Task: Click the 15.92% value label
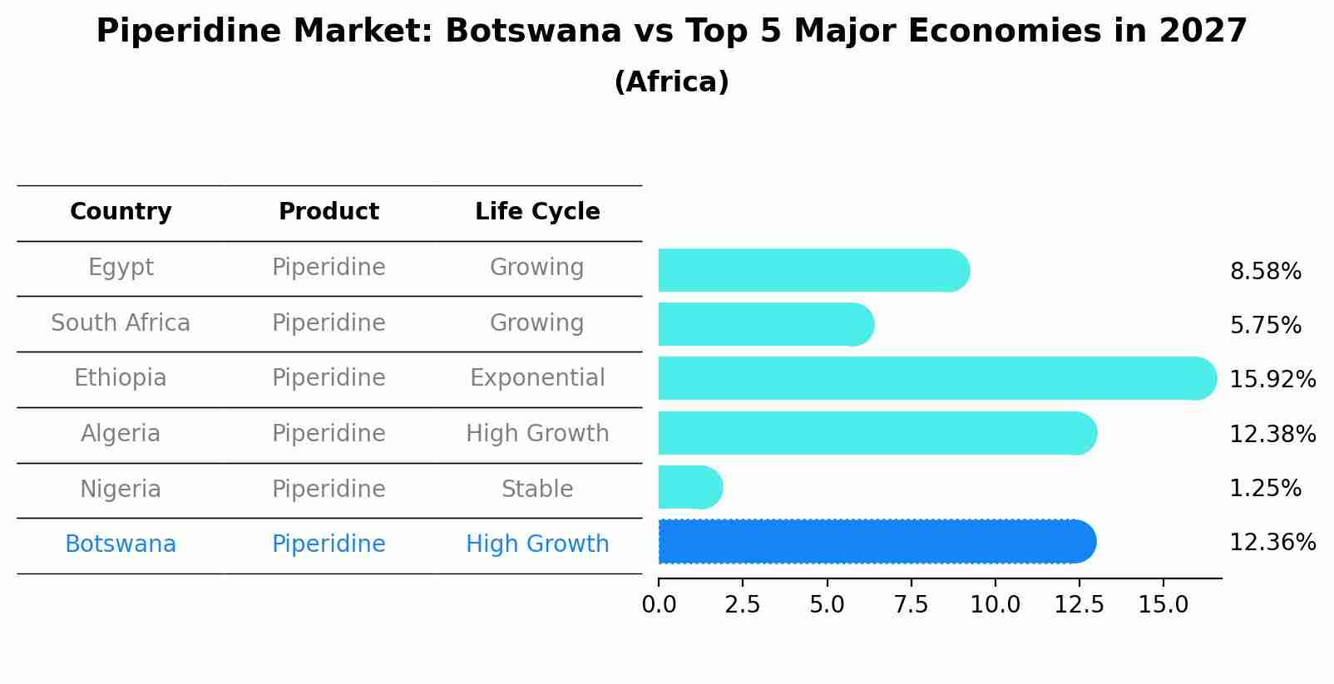[x=1272, y=380]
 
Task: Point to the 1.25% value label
[x=1265, y=489]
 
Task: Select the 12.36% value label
[x=1272, y=543]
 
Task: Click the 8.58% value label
[x=1265, y=272]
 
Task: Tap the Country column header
[x=121, y=212]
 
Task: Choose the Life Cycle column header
[x=537, y=212]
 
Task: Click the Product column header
[x=329, y=212]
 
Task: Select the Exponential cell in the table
[x=537, y=378]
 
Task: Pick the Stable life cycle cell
[x=537, y=490]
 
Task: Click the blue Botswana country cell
[x=121, y=544]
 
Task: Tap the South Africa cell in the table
[x=121, y=323]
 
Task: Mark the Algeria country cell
[x=121, y=434]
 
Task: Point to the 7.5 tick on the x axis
[x=911, y=605]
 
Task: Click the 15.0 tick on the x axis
[x=1163, y=605]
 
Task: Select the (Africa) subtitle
[x=671, y=82]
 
